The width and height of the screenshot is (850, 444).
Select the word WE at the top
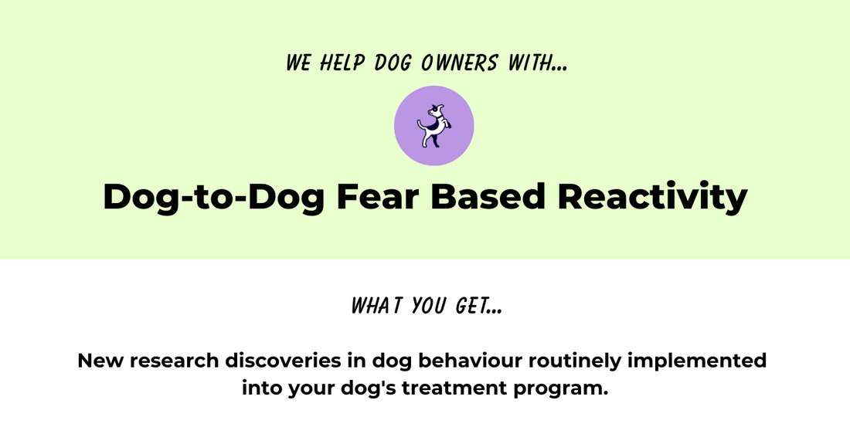298,63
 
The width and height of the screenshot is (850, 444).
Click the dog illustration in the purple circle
433,125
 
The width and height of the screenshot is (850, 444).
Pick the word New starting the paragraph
99,361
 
